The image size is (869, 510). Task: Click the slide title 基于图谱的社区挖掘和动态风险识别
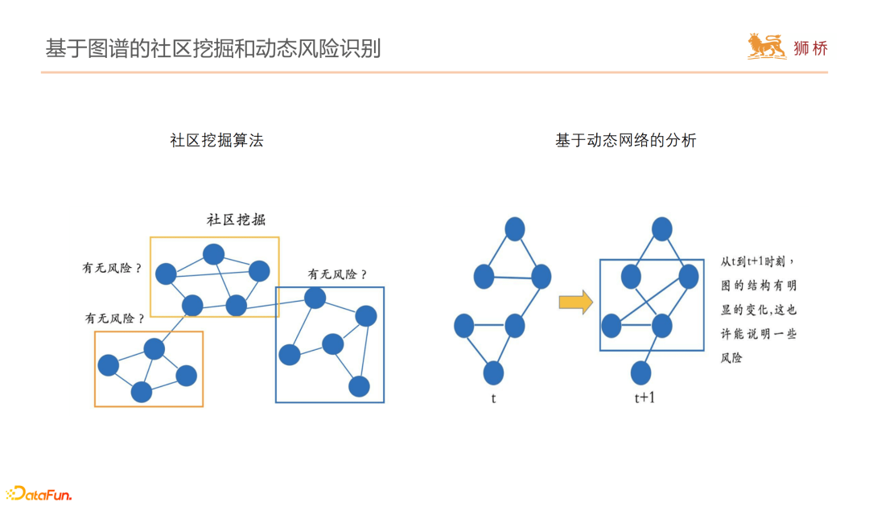click(212, 48)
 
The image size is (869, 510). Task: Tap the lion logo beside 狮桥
click(767, 47)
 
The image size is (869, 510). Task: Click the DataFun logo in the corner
click(39, 493)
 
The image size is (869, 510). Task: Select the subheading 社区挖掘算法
click(216, 141)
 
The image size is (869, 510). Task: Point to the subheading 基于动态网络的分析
click(625, 141)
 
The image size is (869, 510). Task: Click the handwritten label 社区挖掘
click(236, 220)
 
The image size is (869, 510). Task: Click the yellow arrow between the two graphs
click(575, 302)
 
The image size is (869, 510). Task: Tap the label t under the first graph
click(493, 397)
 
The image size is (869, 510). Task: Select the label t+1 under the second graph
click(644, 397)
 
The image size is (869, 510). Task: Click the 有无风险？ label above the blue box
click(338, 275)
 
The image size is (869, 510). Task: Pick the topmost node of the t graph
click(515, 229)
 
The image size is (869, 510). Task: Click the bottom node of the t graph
click(493, 372)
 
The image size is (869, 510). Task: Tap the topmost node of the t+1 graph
click(661, 229)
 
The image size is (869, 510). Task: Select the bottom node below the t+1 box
click(640, 372)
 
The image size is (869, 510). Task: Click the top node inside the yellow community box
click(213, 254)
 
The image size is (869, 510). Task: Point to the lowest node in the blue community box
click(360, 386)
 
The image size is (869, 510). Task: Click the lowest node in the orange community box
click(142, 392)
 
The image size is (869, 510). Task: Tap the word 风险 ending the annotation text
click(731, 357)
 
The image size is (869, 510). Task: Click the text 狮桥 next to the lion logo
click(809, 48)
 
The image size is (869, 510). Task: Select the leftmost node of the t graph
click(463, 326)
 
